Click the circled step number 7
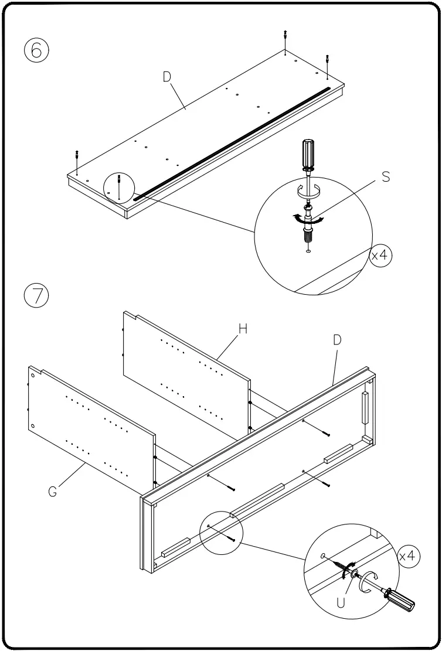[36, 295]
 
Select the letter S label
[385, 176]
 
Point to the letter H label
[242, 329]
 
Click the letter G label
[53, 492]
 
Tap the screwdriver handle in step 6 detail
[308, 153]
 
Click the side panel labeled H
[188, 375]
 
